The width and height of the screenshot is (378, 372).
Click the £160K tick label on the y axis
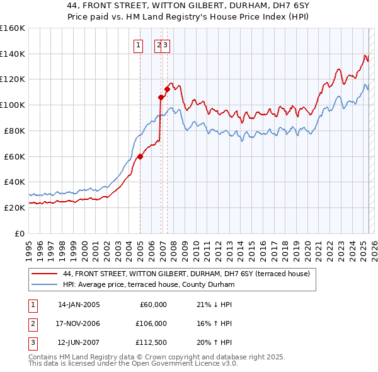pyautogui.click(x=12, y=28)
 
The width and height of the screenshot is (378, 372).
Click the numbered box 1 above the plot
pyautogui.click(x=137, y=45)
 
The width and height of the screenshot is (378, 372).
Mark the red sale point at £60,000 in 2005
pyautogui.click(x=140, y=156)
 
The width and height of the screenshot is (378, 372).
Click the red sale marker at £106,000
pyautogui.click(x=161, y=97)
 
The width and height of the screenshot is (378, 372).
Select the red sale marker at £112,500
pyautogui.click(x=167, y=89)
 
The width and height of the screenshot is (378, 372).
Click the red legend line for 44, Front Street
pyautogui.click(x=45, y=274)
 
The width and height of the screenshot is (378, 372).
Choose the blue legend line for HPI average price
pyautogui.click(x=45, y=285)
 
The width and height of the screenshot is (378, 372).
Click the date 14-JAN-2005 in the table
pyautogui.click(x=79, y=305)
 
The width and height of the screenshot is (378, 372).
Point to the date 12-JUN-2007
pyautogui.click(x=79, y=344)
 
